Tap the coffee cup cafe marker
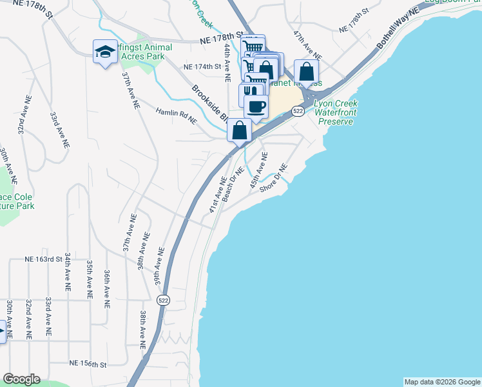[x=256, y=106]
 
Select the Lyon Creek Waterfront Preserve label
[x=335, y=112]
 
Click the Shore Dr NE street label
[x=272, y=180]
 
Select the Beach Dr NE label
[x=232, y=184]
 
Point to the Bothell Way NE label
[x=398, y=29]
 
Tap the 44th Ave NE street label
[x=227, y=63]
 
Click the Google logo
[x=21, y=379]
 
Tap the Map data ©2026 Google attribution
[x=442, y=382]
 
